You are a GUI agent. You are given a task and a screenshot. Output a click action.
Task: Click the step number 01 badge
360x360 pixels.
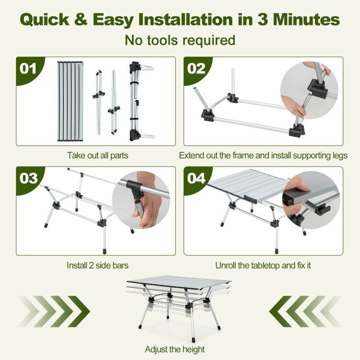tap(28, 69)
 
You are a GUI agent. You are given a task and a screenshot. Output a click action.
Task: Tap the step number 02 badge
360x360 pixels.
tap(196, 69)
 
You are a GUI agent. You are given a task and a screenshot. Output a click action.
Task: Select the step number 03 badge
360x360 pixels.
tap(28, 179)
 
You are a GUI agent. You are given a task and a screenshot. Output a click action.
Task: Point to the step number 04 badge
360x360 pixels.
tap(196, 179)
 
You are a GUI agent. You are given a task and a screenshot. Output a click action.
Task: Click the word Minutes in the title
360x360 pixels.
tap(306, 19)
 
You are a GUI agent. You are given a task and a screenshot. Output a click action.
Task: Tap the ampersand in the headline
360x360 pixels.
tap(81, 19)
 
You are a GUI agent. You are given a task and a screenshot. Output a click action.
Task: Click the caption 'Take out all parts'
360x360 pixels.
tap(97, 156)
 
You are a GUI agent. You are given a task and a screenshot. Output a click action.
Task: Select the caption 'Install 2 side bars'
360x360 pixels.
tap(97, 265)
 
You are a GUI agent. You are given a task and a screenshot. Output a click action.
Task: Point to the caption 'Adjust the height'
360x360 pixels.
tap(175, 349)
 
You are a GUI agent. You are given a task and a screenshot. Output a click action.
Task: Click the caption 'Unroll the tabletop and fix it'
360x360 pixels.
tap(263, 265)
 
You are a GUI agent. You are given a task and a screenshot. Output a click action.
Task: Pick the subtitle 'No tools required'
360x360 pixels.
tap(180, 40)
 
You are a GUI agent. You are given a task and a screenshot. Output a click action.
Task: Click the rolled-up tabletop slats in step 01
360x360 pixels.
tap(70, 101)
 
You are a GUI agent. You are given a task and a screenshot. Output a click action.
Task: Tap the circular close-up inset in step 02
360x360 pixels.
tap(309, 90)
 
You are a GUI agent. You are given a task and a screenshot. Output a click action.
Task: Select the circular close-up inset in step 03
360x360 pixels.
tap(141, 200)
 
